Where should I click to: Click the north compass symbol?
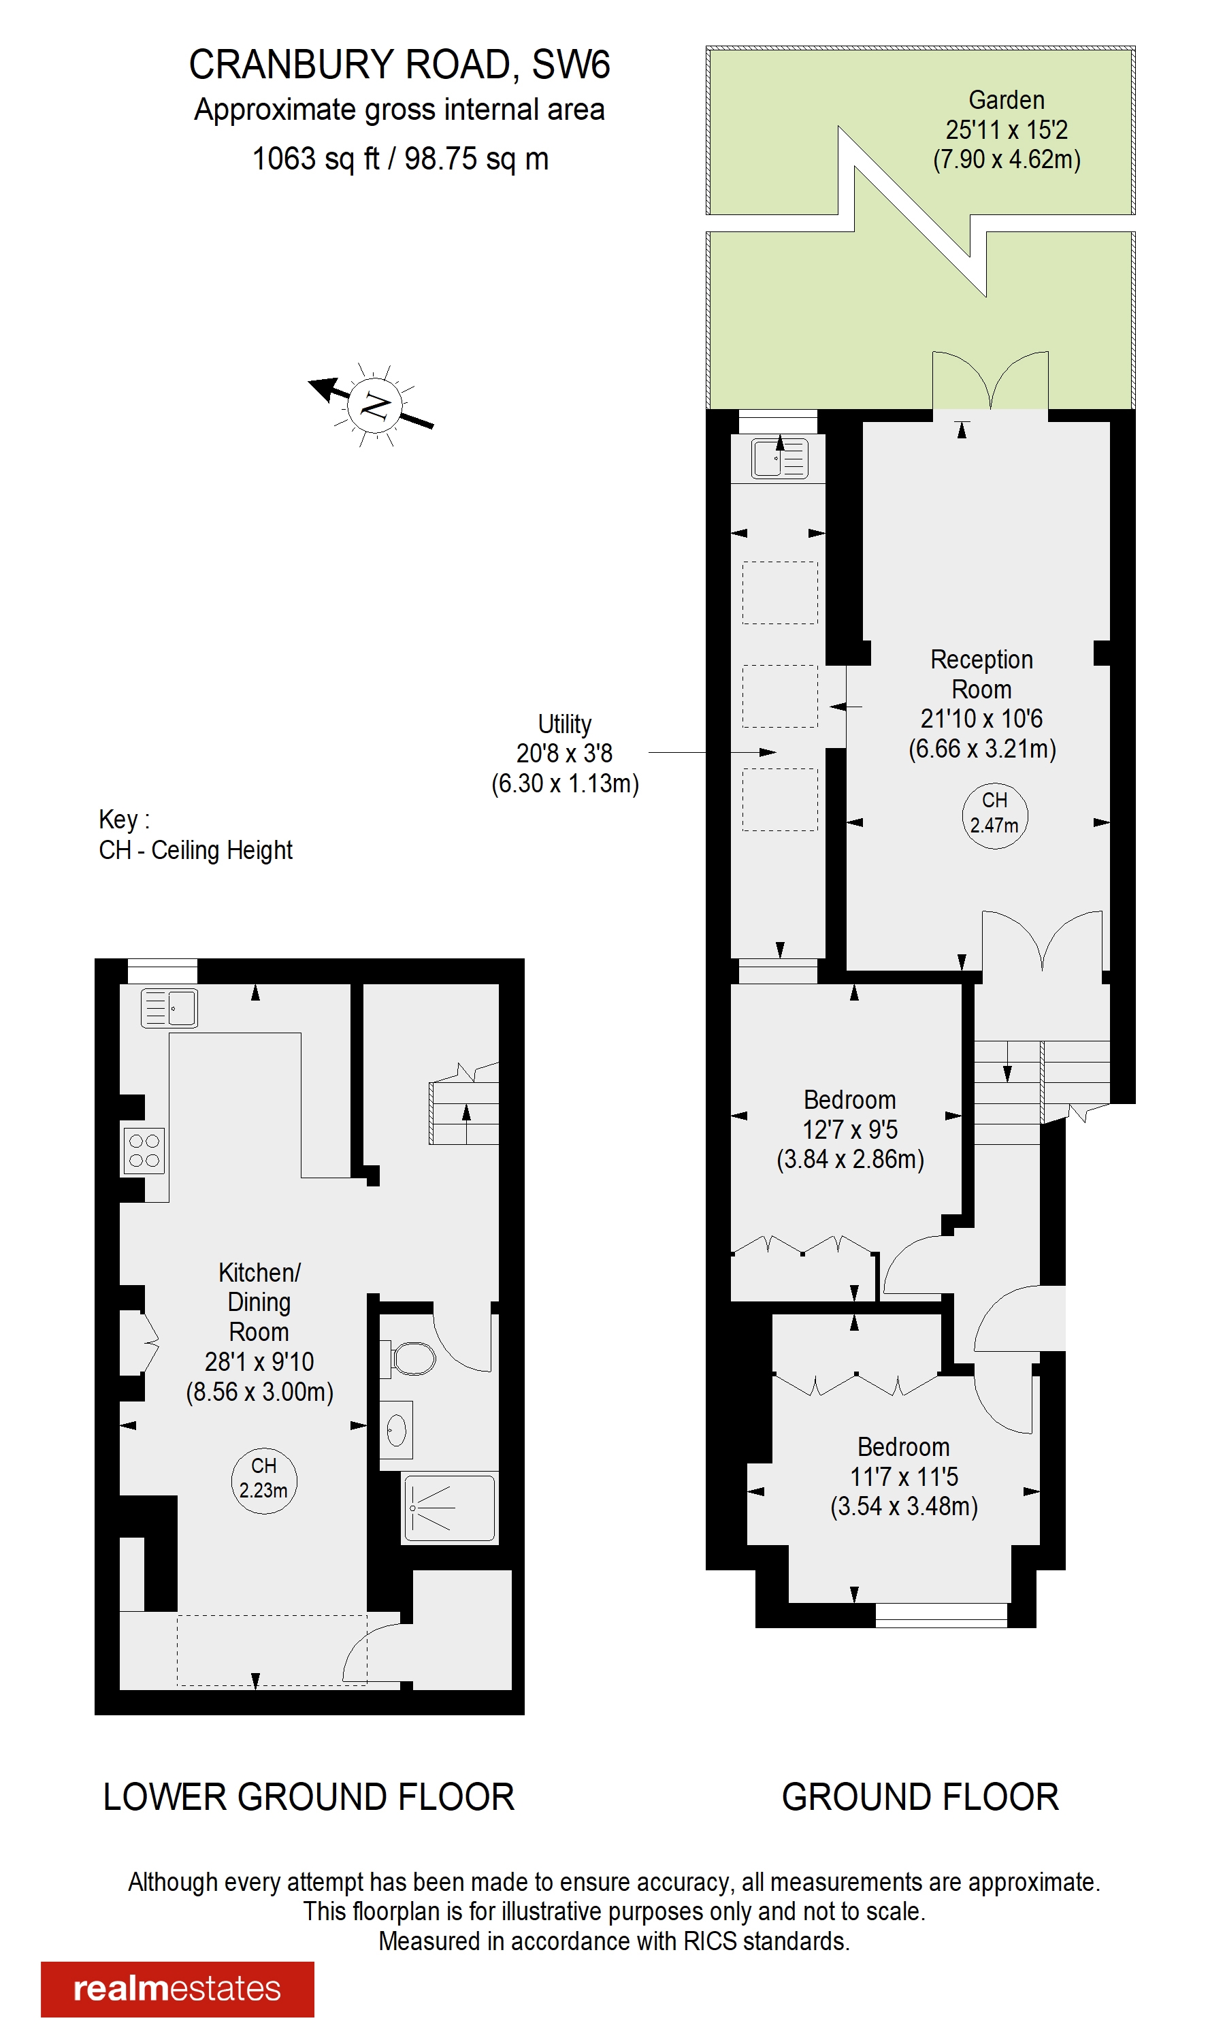(374, 404)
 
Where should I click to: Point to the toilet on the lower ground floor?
(412, 1358)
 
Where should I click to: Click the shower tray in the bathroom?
(449, 1508)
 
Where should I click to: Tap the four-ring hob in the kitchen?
(144, 1150)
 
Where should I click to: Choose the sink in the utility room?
(779, 458)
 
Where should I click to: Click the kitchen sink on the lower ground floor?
(169, 1008)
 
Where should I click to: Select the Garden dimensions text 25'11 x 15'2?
(1007, 129)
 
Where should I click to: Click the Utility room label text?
(565, 724)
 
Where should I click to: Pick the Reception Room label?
(981, 675)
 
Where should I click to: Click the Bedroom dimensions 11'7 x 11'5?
(904, 1476)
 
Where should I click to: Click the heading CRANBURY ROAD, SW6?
(399, 65)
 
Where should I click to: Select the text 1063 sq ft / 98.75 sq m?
(400, 159)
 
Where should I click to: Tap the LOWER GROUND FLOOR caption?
(309, 1796)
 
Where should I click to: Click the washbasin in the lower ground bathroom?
(396, 1430)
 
